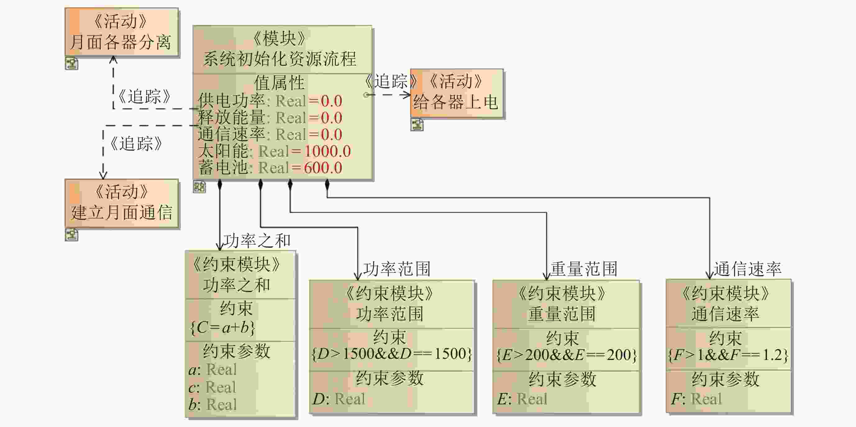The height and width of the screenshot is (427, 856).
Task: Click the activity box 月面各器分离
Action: [x=121, y=32]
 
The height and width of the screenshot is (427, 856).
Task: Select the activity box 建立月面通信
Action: [x=121, y=203]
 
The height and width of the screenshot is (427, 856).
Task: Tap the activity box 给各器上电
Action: [x=457, y=93]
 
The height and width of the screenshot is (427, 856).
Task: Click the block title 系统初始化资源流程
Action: [x=280, y=59]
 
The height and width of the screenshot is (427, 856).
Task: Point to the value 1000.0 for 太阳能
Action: [x=327, y=151]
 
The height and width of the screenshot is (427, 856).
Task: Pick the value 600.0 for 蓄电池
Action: [x=323, y=168]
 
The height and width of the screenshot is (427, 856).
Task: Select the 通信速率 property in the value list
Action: [x=231, y=134]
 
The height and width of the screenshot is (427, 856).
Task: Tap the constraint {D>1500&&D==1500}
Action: [x=391, y=354]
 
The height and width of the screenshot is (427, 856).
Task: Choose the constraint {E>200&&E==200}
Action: [x=566, y=355]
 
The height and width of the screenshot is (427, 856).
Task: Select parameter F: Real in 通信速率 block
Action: [x=696, y=399]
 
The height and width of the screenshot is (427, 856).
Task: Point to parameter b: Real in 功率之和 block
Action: [x=213, y=404]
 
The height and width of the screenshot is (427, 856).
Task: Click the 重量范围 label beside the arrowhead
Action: [x=584, y=269]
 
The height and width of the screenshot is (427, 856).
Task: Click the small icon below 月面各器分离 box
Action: [x=71, y=63]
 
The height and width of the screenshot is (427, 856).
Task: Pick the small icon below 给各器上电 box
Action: [x=417, y=125]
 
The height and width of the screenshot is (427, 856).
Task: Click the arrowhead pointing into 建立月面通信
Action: [x=103, y=175]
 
